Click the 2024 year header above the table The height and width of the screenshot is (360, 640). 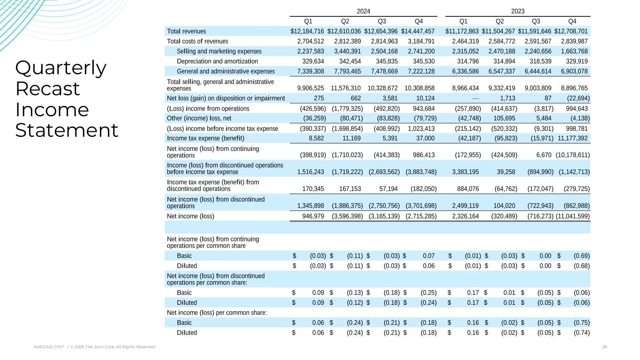pos(363,11)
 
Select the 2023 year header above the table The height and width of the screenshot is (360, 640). pos(518,11)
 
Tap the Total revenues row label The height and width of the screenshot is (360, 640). pos(187,31)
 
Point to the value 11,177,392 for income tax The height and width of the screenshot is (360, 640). pos(572,138)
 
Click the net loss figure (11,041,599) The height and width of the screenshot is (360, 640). pos(572,216)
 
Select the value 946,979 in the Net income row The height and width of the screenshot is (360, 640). pos(311,216)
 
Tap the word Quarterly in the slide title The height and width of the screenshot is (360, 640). pos(61,68)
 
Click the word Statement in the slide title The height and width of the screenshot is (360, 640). pos(67,130)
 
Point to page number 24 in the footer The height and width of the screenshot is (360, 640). pos(604,347)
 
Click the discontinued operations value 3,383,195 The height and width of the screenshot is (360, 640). pos(466,172)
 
